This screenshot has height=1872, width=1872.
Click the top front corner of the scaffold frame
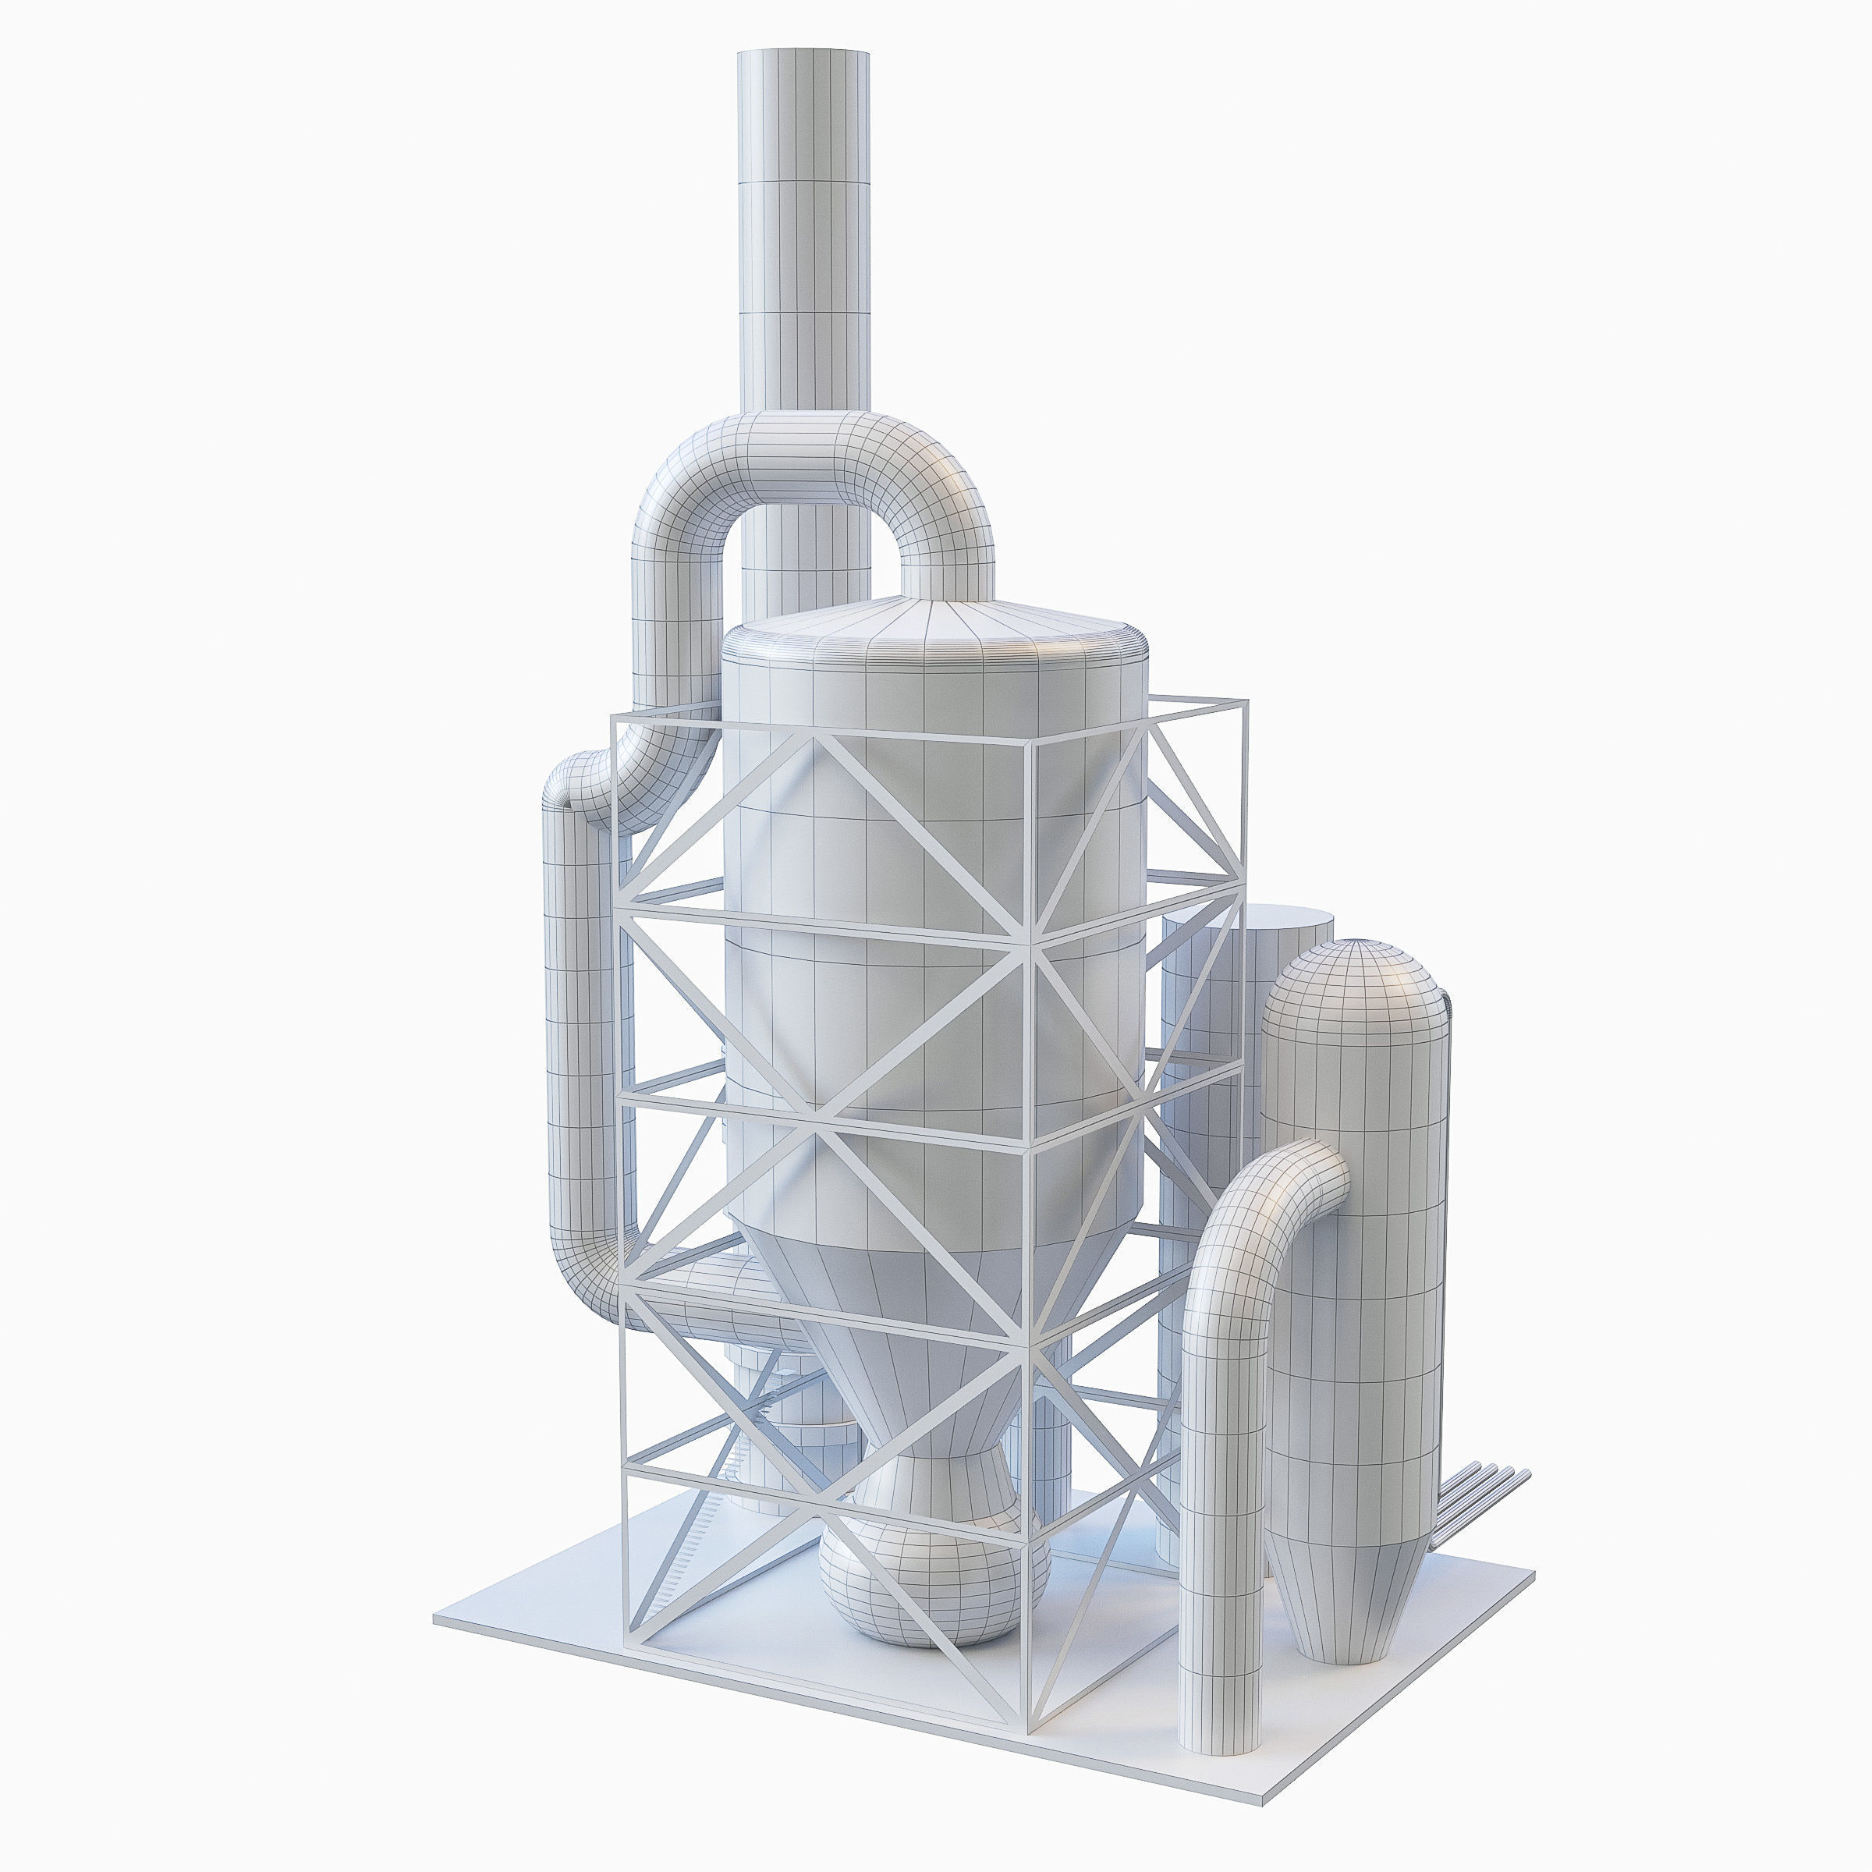[1032, 741]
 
